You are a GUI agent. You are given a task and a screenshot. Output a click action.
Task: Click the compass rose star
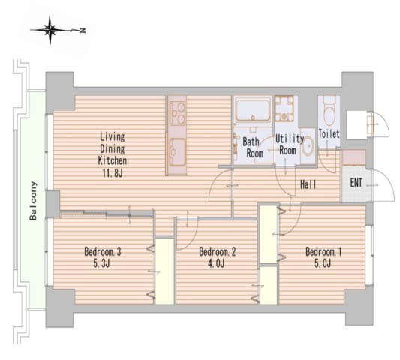[x=50, y=30]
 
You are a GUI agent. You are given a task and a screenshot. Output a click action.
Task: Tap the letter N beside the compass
[x=82, y=30]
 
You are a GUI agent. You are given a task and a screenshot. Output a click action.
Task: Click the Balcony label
[x=33, y=201]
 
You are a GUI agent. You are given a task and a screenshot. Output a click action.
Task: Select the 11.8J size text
[x=113, y=173]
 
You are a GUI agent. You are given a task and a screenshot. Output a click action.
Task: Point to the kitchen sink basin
[x=178, y=152]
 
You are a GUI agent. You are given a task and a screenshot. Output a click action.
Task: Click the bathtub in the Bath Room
[x=253, y=110]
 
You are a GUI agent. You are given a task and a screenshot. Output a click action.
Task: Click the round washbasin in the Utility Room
[x=308, y=145]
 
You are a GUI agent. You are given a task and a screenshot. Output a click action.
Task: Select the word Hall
[x=308, y=184]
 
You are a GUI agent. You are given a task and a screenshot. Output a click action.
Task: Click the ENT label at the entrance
[x=356, y=182]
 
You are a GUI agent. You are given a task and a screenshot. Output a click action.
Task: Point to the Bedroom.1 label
[x=323, y=252]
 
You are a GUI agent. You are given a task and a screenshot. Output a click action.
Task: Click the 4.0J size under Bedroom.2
[x=216, y=263]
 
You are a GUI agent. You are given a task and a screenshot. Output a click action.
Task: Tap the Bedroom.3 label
[x=103, y=252]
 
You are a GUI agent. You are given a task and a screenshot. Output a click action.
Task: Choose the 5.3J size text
[x=101, y=263]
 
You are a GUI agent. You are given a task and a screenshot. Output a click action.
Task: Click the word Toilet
[x=329, y=133]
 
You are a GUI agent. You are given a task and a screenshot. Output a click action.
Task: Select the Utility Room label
[x=290, y=145]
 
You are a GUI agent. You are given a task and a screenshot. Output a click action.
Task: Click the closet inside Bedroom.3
[x=165, y=271]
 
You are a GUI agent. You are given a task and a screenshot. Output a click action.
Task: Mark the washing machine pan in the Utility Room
[x=284, y=109]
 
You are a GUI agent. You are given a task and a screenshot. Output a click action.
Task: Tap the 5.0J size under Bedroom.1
[x=323, y=263]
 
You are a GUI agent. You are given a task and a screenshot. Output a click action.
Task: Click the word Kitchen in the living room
[x=113, y=160]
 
